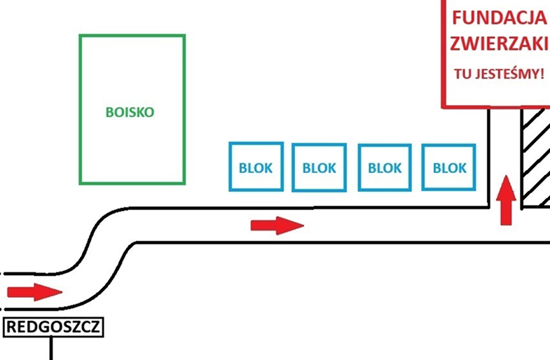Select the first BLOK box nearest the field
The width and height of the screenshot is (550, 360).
(256, 167)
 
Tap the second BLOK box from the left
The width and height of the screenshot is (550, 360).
(319, 167)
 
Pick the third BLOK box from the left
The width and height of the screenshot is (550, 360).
(385, 167)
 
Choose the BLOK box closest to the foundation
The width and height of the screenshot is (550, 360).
(449, 167)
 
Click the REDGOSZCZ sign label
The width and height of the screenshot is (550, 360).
(54, 326)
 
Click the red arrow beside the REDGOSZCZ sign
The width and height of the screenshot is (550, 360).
(34, 291)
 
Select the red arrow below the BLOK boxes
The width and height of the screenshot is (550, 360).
(277, 226)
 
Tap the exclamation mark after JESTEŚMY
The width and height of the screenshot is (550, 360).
(541, 73)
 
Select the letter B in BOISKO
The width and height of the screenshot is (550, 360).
(109, 111)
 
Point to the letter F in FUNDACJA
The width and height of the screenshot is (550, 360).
(455, 18)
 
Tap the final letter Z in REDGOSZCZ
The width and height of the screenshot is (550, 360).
(97, 326)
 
